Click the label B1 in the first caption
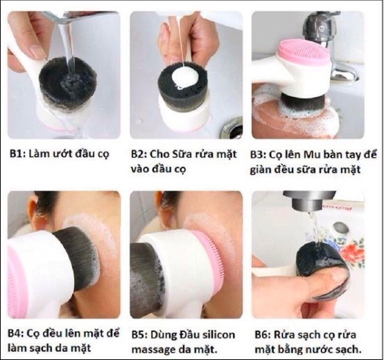point(17,154)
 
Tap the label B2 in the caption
point(139,154)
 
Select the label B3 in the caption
point(258,155)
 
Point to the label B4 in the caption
point(15,333)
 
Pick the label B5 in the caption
point(139,335)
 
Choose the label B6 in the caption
point(263,335)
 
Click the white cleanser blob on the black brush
point(183,78)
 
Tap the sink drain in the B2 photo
point(232,129)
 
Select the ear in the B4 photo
point(34,212)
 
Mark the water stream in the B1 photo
point(67,44)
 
